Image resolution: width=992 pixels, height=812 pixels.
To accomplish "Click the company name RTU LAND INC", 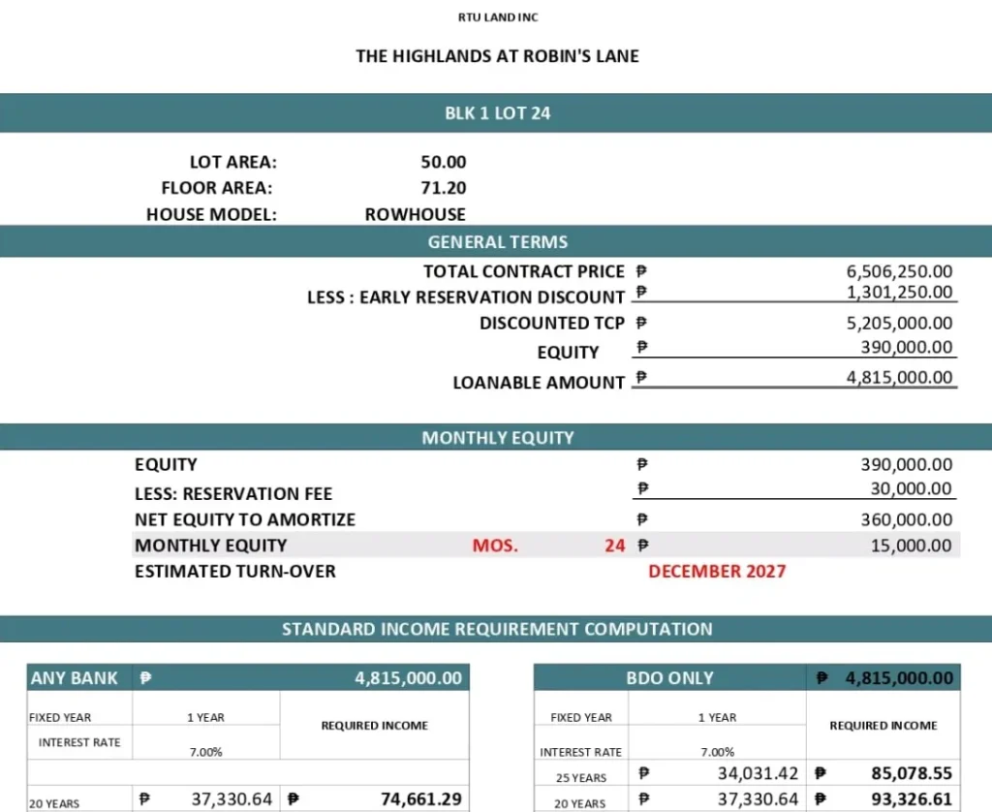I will tap(498, 17).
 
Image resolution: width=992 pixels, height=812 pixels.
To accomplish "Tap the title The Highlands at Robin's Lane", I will tap(497, 55).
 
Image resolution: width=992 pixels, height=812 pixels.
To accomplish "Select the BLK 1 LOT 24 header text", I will tap(497, 113).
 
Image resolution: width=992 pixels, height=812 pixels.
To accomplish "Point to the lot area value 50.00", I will tap(443, 163).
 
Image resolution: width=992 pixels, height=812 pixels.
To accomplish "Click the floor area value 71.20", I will tap(443, 188).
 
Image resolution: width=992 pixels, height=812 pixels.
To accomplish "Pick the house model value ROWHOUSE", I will tap(415, 214).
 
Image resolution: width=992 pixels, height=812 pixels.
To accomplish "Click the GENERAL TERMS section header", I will tap(497, 242).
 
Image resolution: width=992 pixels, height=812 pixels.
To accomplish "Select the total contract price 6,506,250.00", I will tap(899, 272).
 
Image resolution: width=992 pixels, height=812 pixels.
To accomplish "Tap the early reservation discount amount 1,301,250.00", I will tap(899, 292).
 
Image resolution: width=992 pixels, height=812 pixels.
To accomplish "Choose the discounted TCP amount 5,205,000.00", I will tap(899, 323).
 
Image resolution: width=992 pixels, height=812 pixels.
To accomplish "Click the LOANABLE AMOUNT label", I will tap(539, 383).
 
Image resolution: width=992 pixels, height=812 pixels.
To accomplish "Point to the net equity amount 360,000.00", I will tap(906, 519).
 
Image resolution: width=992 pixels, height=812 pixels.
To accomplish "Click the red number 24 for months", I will tap(615, 546).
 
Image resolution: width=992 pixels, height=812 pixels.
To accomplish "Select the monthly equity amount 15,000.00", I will tap(911, 546).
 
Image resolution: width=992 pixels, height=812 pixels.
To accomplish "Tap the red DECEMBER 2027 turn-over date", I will tap(717, 571).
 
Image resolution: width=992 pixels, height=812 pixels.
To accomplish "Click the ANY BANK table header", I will tap(75, 678).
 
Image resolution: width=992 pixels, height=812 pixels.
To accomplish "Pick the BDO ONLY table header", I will tap(669, 678).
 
